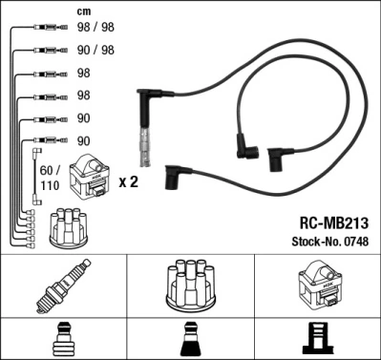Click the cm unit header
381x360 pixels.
click(83, 12)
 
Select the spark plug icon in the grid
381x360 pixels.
click(63, 286)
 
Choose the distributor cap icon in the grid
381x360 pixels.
click(190, 284)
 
